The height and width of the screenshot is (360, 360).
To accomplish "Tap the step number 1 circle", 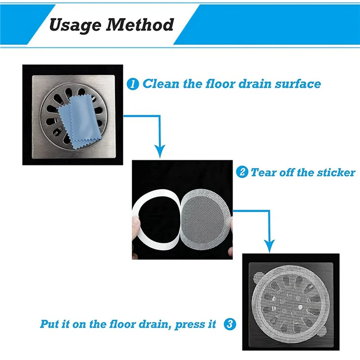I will tap(133, 84).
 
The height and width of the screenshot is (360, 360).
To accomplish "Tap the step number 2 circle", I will tap(242, 172).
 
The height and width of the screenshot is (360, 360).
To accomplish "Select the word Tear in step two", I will tap(262, 172).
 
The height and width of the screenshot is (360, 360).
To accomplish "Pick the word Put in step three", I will tap(50, 324).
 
